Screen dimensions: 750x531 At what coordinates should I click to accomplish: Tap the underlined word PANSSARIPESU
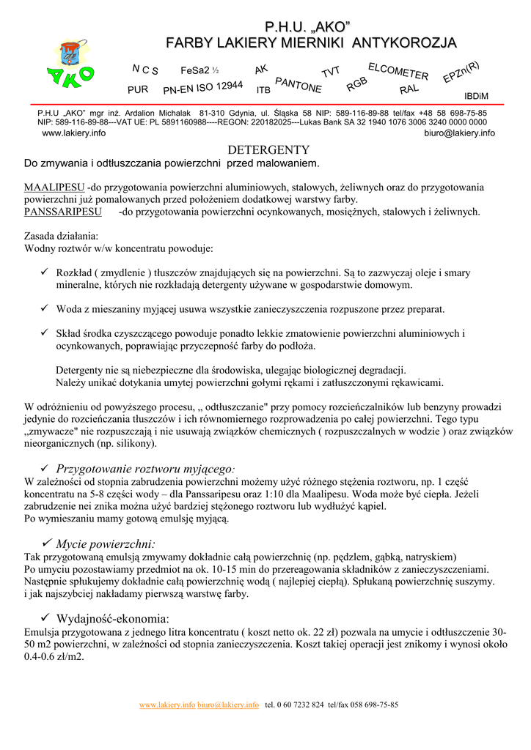tap(62, 212)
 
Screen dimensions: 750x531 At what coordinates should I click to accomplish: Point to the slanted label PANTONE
tap(299, 85)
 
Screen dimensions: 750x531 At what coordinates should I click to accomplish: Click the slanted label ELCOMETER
tap(398, 71)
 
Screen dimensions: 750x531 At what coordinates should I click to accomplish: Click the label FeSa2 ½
tap(199, 70)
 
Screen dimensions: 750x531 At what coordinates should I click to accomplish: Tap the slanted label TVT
tap(331, 72)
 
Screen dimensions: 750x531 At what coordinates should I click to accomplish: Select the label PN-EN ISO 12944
tap(202, 89)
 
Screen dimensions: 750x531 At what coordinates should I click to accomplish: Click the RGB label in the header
tap(356, 84)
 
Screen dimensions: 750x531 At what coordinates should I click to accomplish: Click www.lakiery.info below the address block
tap(73, 133)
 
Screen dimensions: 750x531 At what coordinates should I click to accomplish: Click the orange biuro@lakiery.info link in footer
tap(228, 705)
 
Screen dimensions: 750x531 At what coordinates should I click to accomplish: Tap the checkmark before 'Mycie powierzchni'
tap(47, 543)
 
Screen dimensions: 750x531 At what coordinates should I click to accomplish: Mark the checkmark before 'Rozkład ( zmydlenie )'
tap(43, 272)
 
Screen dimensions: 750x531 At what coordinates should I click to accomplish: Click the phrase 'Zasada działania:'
tap(61, 236)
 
